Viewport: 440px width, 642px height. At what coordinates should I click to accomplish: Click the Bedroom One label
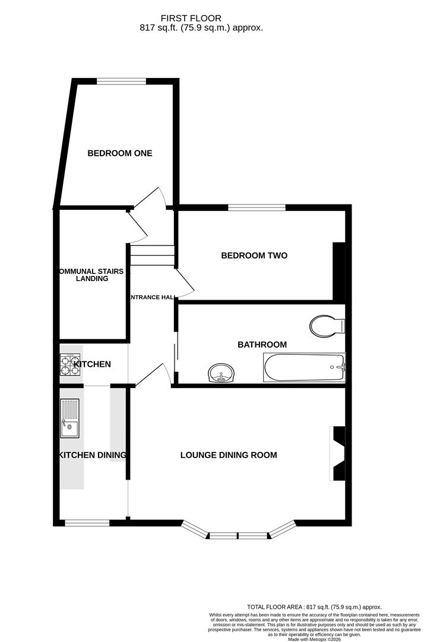tap(120, 153)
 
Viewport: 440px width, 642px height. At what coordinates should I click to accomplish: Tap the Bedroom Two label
tap(254, 256)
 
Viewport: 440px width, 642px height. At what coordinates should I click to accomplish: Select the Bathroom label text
tap(262, 345)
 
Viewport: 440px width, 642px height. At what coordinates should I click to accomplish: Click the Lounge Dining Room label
tap(229, 455)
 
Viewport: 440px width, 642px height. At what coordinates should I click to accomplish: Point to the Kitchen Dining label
tap(92, 455)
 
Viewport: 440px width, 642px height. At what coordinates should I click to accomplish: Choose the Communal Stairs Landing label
tap(91, 275)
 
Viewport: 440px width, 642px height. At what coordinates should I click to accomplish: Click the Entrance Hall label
tap(152, 297)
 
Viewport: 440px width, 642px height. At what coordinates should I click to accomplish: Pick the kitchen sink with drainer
tap(69, 418)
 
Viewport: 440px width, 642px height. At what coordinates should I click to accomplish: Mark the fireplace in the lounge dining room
tap(338, 453)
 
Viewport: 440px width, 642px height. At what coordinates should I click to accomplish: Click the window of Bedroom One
tap(122, 81)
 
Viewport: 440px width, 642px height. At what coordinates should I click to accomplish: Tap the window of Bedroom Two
tap(257, 207)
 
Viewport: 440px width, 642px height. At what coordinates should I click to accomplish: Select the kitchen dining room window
tap(87, 523)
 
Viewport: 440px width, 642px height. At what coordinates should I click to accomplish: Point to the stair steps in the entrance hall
tap(152, 256)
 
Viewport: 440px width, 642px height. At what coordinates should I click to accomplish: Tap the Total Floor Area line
tap(314, 607)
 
